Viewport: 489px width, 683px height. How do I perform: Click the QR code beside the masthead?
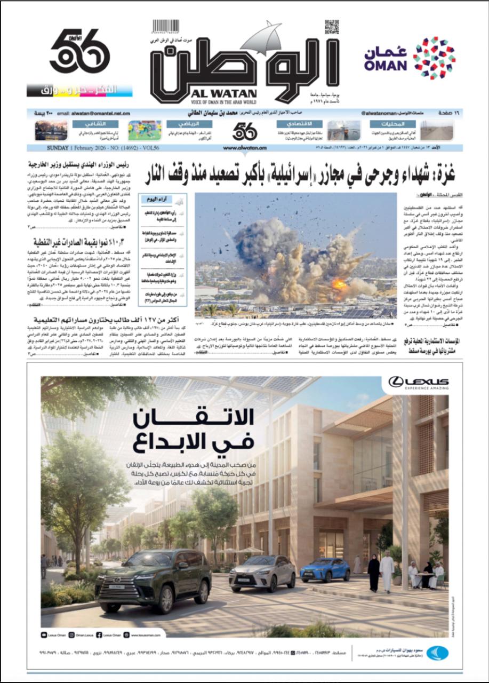tap(332, 27)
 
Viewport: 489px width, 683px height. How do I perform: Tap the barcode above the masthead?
tap(165, 27)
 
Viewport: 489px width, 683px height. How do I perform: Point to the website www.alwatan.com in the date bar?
tap(245, 147)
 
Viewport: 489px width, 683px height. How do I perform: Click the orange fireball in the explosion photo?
tap(338, 284)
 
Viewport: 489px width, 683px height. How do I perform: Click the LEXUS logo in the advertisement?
tap(418, 382)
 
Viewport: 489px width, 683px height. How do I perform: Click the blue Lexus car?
tap(325, 569)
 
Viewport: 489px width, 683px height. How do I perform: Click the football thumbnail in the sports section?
tap(145, 130)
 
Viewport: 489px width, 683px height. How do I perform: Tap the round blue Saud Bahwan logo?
tap(437, 653)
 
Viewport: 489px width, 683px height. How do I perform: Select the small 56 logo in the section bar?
tap(245, 131)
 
